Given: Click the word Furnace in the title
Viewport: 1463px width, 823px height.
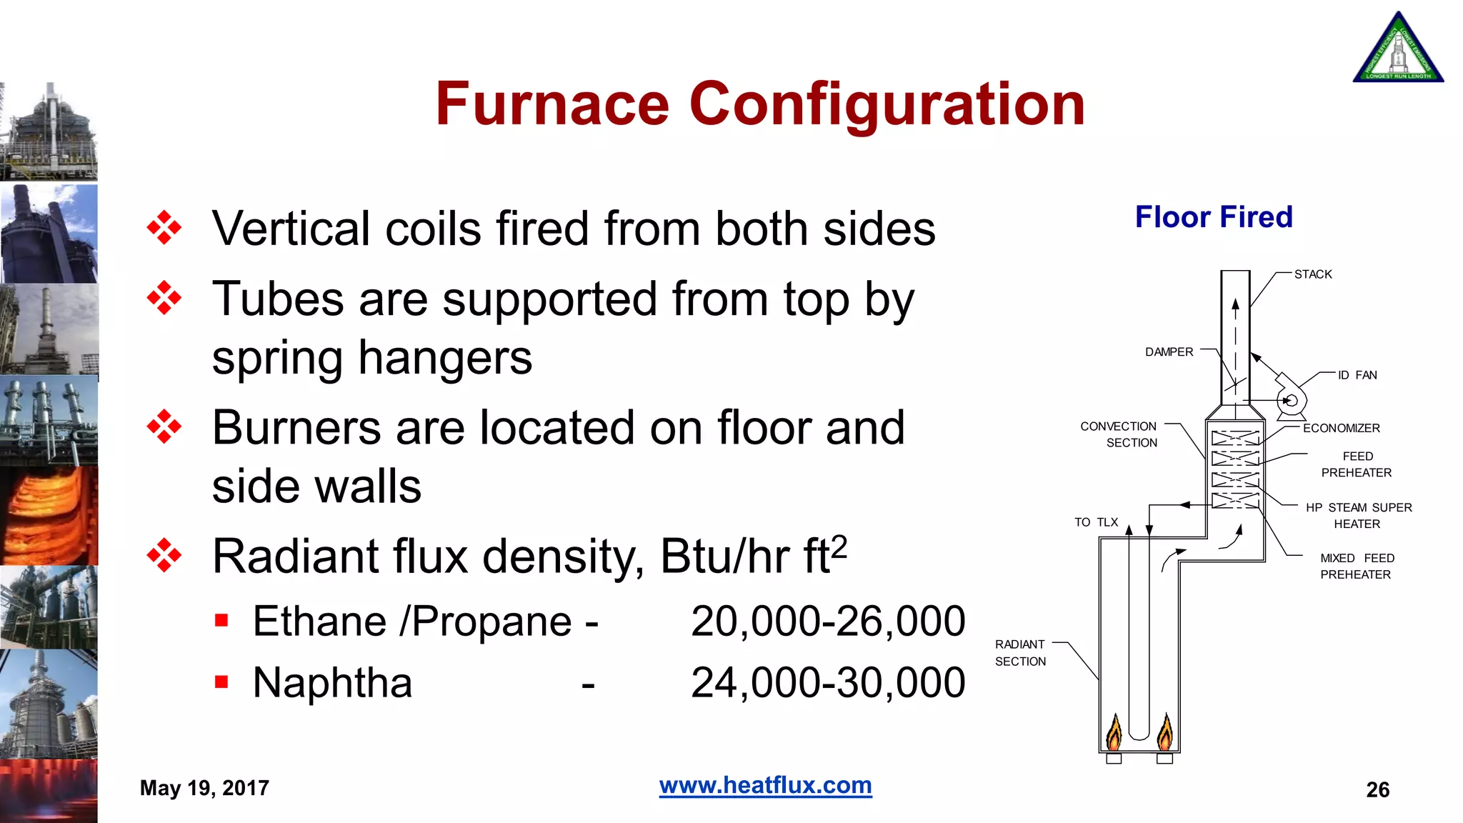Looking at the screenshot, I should (552, 104).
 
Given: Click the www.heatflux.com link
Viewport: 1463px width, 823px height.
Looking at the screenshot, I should (765, 785).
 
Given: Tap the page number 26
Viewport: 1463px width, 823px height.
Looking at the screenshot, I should (1377, 789).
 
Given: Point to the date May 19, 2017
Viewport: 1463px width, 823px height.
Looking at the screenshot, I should (204, 788).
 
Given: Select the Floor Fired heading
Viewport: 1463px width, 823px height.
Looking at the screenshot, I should (1214, 217).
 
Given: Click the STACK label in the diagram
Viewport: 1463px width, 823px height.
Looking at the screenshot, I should (1313, 274).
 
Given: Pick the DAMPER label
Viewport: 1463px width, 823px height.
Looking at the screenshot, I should (1169, 352).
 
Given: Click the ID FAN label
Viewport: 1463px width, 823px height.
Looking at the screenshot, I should (1357, 375).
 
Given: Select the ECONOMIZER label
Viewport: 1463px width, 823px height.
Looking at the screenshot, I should (1341, 428).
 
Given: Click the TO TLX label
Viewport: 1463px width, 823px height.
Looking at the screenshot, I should (1096, 522).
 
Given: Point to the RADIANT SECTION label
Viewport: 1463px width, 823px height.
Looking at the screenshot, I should (1020, 653).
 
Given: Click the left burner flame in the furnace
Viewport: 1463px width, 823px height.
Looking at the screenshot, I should (1114, 732).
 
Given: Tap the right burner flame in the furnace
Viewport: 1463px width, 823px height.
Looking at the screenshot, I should (1165, 732).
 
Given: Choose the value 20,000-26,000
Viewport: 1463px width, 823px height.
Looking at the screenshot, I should (828, 621).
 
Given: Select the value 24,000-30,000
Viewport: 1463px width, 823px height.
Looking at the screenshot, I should (828, 682).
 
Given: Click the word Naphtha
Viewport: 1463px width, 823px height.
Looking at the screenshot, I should (332, 682).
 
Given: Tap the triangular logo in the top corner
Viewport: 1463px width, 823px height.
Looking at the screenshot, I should (1398, 50).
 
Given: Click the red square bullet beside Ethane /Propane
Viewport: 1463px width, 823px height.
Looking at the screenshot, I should (221, 619).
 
